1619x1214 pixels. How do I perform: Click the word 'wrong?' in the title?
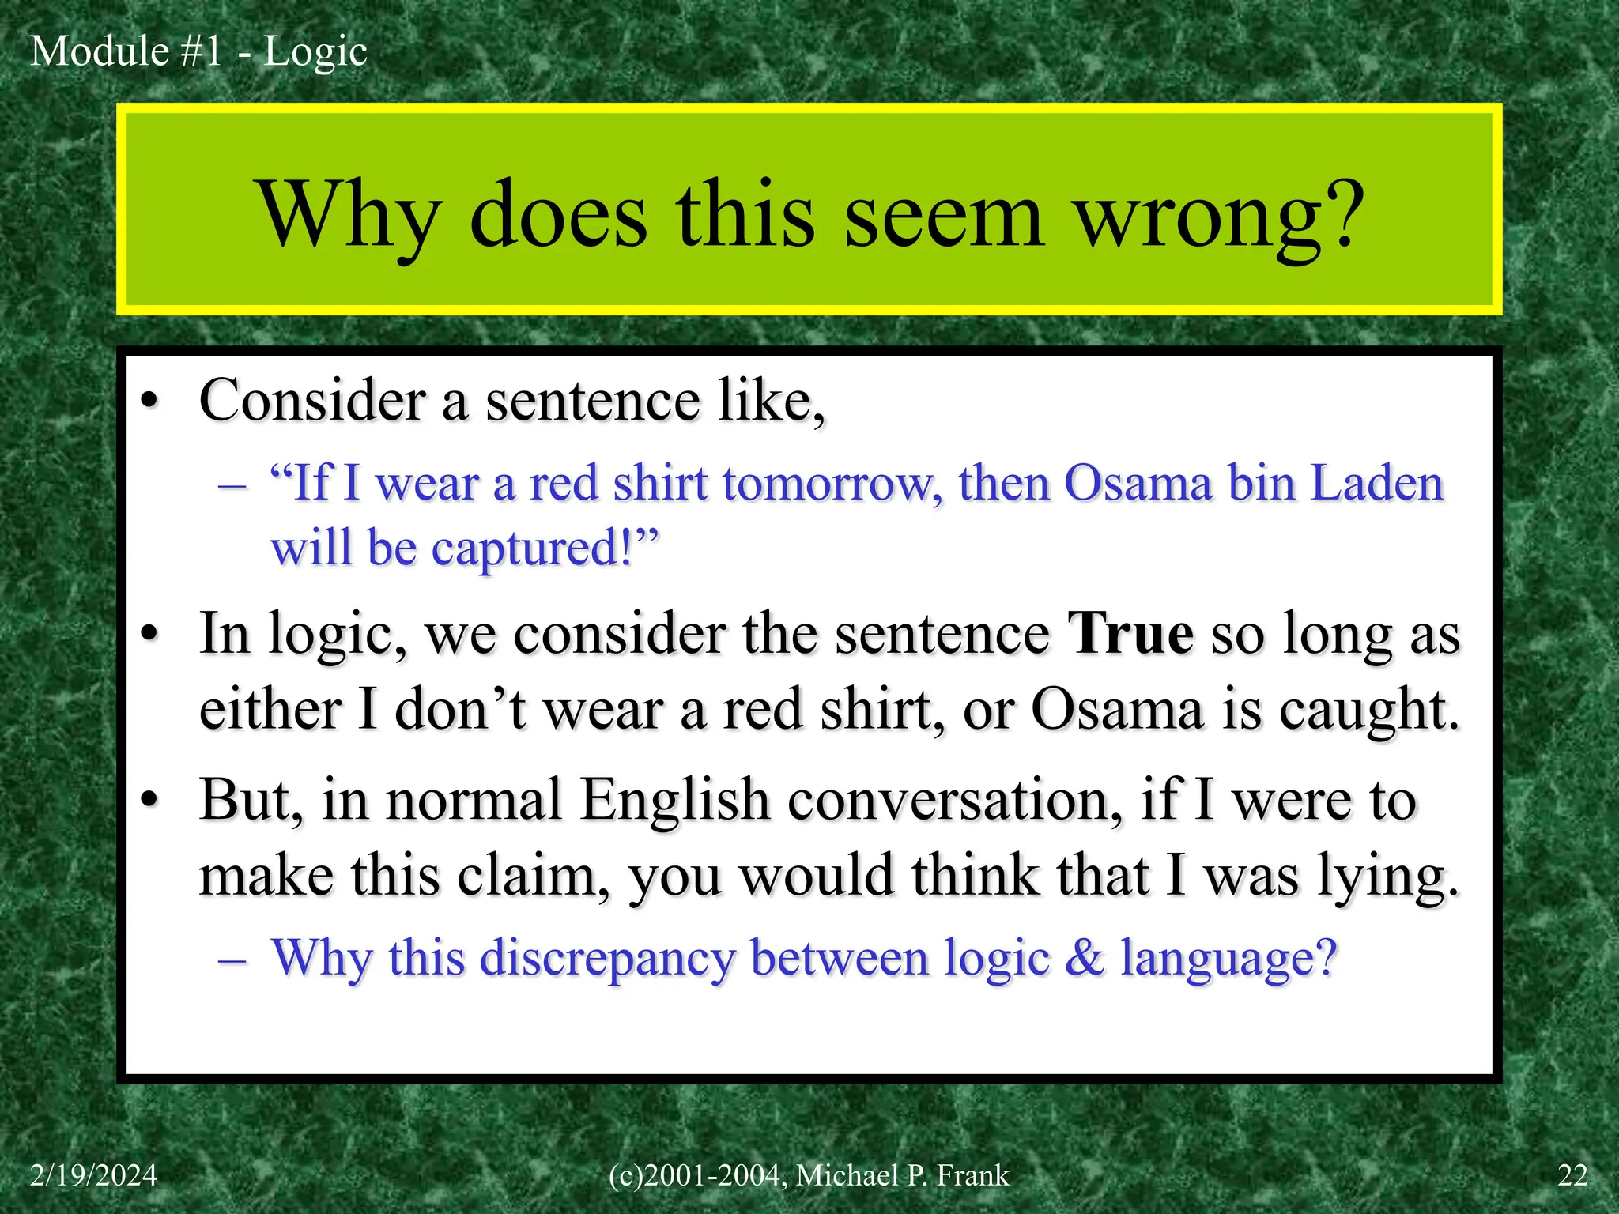[1221, 215]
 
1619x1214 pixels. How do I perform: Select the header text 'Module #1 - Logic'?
[198, 51]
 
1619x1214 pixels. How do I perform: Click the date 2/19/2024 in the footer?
[93, 1175]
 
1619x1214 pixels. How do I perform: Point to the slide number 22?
[1572, 1175]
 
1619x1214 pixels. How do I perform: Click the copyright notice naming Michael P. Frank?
[809, 1175]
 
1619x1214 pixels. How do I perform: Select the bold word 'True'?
[1130, 634]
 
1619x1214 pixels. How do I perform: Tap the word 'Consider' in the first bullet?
[312, 400]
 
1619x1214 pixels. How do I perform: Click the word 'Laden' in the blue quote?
[1377, 483]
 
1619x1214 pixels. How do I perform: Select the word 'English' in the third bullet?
[674, 800]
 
